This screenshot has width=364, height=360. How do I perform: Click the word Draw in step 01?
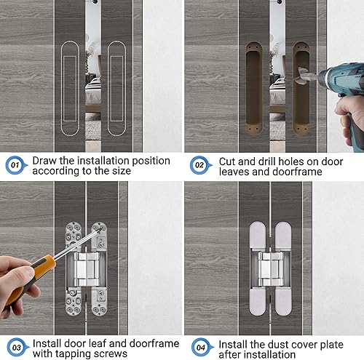point(45,161)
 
